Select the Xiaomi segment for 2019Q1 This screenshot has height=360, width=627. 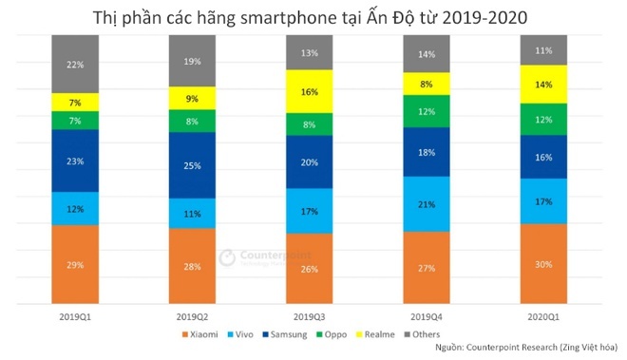click(75, 264)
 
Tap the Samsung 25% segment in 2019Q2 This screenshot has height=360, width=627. click(191, 165)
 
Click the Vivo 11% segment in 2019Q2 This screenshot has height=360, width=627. click(191, 214)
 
